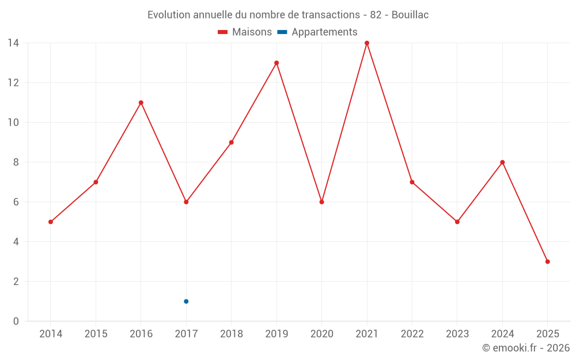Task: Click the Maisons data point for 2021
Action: click(367, 43)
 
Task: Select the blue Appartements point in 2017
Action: click(186, 301)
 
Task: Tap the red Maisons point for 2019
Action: click(276, 63)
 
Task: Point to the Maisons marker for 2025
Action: click(547, 262)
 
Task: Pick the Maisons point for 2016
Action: click(141, 103)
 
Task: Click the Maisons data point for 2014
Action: click(51, 222)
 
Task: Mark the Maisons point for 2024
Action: click(502, 162)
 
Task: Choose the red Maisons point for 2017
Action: click(186, 202)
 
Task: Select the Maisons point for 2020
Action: click(321, 202)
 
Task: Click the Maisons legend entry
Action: click(245, 32)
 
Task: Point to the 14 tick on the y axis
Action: click(13, 43)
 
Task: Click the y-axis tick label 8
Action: click(16, 162)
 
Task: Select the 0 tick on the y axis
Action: click(16, 321)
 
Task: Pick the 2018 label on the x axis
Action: click(232, 334)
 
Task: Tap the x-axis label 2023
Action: click(457, 334)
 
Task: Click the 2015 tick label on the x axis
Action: click(96, 334)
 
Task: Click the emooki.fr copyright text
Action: click(526, 348)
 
